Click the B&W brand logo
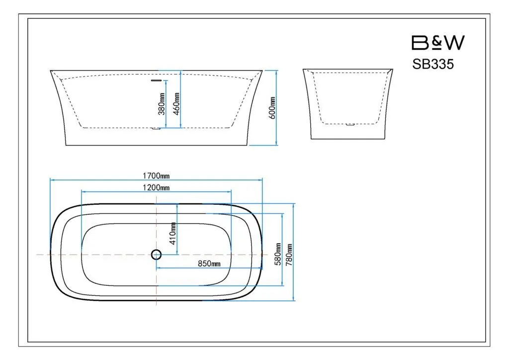[x=438, y=43]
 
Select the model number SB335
[x=433, y=64]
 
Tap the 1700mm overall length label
[x=156, y=176]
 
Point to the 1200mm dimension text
[x=156, y=187]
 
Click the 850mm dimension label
[x=209, y=263]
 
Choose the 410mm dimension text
[x=173, y=233]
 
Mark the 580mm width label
[x=278, y=254]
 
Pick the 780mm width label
[x=289, y=255]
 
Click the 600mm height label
[x=272, y=108]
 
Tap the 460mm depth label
[x=176, y=103]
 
